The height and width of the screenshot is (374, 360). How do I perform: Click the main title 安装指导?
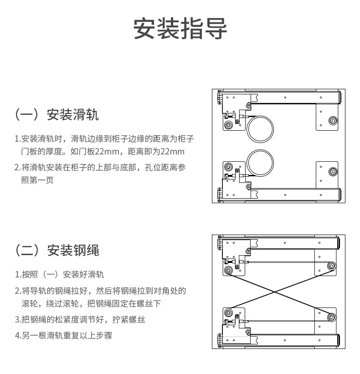[x=180, y=29]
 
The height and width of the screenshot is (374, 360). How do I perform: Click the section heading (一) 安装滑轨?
[x=57, y=114]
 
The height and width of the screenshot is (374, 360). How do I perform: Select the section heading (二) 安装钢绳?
[x=57, y=250]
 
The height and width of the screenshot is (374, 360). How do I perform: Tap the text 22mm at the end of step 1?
[x=173, y=151]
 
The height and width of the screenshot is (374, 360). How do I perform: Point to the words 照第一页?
[x=37, y=180]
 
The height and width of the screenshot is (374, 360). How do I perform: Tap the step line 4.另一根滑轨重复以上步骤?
[x=63, y=336]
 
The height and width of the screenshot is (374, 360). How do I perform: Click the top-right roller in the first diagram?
[x=333, y=121]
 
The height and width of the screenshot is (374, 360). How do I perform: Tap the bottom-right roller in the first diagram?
[x=333, y=172]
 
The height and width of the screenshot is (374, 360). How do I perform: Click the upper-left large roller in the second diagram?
[x=228, y=271]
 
